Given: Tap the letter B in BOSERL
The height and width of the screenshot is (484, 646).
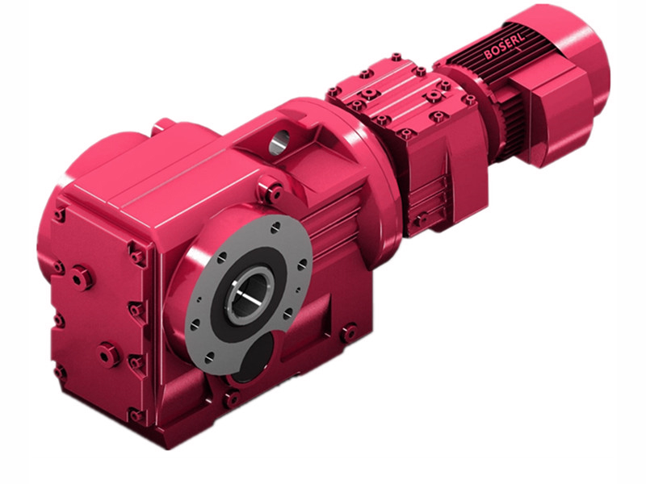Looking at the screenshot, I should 489,57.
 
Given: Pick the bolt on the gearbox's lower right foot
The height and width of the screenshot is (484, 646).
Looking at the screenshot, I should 349,332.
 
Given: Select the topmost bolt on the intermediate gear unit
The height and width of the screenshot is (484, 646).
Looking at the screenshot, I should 396,58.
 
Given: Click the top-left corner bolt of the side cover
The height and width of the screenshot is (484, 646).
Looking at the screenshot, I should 59,215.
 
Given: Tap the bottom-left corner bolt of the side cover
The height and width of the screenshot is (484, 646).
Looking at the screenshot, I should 60,372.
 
